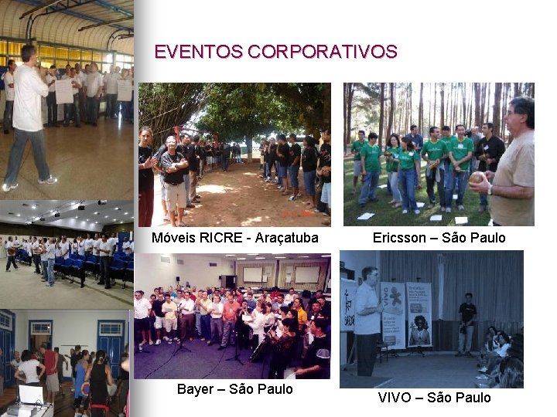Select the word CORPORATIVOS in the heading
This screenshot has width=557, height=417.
(x=324, y=53)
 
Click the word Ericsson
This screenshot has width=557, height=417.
(x=398, y=238)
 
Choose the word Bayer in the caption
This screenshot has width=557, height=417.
(x=195, y=389)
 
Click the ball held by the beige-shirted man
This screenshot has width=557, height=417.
(x=478, y=178)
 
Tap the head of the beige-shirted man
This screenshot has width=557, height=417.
(x=520, y=115)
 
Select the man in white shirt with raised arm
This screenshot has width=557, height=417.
(x=28, y=116)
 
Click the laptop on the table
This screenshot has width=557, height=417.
(x=31, y=396)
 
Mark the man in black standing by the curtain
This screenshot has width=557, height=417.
(x=467, y=321)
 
